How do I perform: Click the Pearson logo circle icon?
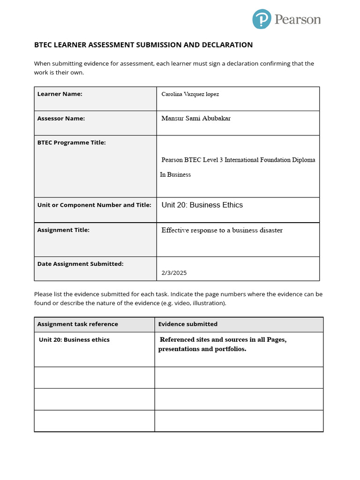tap(262, 20)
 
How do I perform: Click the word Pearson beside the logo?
tap(298, 20)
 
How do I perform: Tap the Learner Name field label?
tap(60, 94)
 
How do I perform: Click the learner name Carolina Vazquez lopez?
tap(190, 94)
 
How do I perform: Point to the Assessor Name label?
tap(61, 119)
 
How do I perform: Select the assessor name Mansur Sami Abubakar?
tap(196, 119)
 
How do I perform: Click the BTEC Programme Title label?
tap(71, 142)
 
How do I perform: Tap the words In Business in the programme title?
tap(175, 175)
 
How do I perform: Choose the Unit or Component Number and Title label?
tap(94, 205)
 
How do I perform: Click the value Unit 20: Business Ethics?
tap(202, 205)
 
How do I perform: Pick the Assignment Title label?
tap(63, 230)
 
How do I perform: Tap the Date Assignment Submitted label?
tap(80, 264)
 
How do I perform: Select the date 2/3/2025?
tap(174, 273)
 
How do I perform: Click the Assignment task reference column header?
tap(77, 324)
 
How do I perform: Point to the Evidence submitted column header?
tap(187, 324)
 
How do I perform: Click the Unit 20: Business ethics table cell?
tap(74, 340)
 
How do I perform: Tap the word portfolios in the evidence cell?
tap(229, 349)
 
